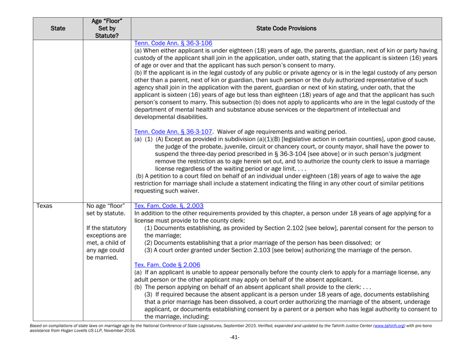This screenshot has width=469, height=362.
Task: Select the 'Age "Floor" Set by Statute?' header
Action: coord(106,28)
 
